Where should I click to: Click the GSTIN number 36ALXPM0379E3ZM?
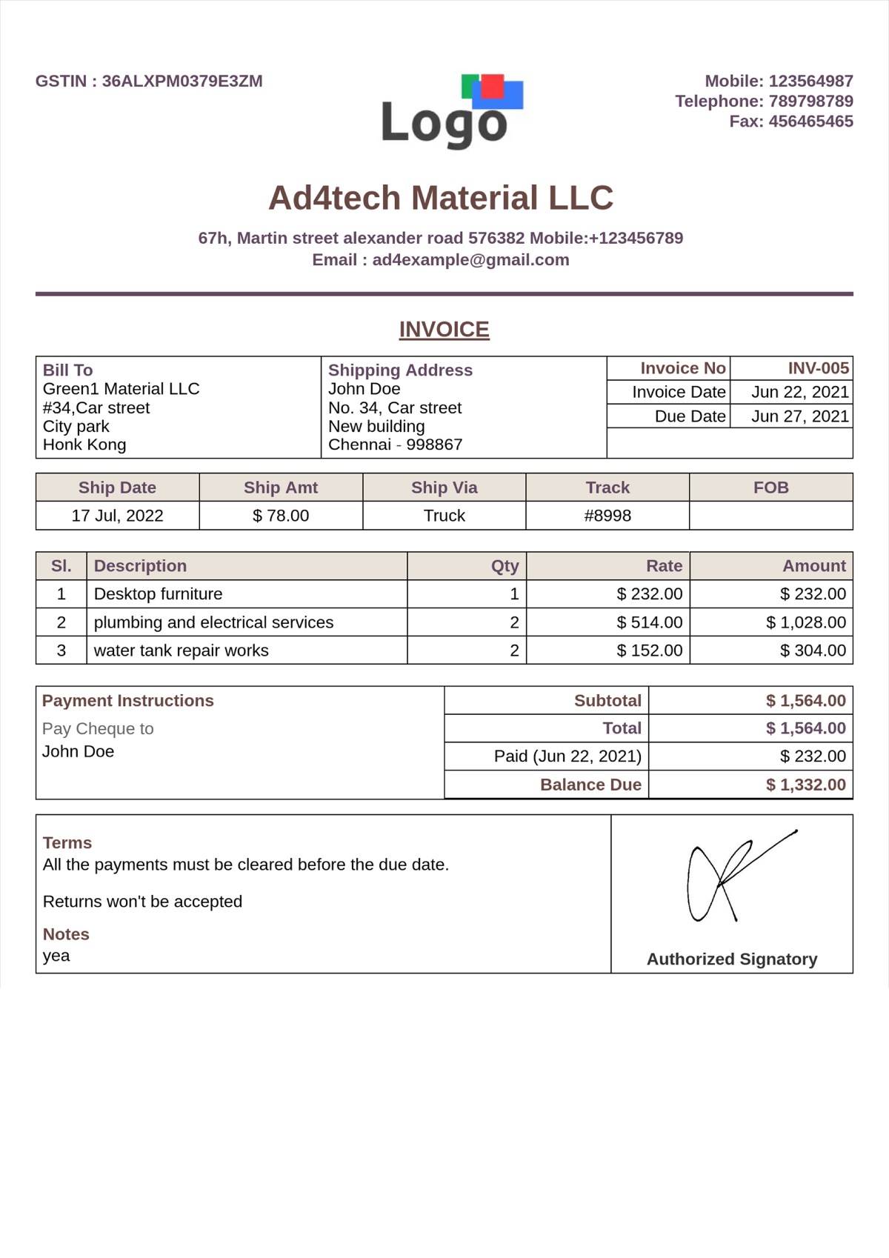[182, 81]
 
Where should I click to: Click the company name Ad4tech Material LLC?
[441, 198]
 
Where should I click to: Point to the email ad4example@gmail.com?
[470, 260]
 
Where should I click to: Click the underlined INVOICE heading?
[444, 330]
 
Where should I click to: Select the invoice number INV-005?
[818, 368]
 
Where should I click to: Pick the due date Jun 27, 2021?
[799, 416]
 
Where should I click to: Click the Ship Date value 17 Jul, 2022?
[117, 516]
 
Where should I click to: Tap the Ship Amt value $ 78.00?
[281, 516]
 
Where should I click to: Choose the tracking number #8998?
[607, 516]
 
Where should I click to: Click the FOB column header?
[770, 487]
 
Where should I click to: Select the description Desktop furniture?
[158, 594]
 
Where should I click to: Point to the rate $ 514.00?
[649, 622]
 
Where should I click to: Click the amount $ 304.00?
[813, 650]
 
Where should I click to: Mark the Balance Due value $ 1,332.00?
[805, 785]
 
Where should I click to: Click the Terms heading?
[67, 843]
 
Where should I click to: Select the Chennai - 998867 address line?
[395, 445]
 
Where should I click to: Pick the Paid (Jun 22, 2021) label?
[567, 756]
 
